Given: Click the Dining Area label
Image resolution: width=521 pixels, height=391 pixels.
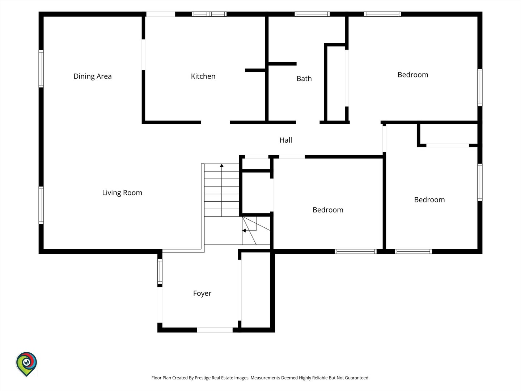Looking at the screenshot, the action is point(93,76).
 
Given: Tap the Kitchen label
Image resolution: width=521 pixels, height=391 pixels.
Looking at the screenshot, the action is point(203,76).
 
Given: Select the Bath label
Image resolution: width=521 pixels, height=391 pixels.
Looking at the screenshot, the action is point(304,79).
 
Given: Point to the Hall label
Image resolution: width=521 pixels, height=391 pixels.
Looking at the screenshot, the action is point(285,140).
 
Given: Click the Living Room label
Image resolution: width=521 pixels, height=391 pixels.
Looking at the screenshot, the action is point(122,193).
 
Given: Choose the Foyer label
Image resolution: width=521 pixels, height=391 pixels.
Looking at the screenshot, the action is point(202,293).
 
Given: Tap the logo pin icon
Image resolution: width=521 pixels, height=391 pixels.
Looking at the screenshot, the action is point(26,364).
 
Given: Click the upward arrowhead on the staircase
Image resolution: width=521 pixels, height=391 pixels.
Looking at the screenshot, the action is point(222,165).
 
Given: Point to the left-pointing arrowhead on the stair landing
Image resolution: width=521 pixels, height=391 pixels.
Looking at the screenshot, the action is point(244,231).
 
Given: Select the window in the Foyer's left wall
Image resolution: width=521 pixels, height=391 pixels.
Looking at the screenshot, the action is point(160,272).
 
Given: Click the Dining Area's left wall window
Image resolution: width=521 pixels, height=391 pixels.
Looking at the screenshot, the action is point(41,69).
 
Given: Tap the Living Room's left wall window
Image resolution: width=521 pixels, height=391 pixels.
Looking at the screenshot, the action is point(41,205).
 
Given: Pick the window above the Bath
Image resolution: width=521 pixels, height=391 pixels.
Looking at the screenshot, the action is point(312,14).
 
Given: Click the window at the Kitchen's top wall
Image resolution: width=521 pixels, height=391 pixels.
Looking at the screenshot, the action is point(209,14).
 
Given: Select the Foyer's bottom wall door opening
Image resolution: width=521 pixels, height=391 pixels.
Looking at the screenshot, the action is point(215,330).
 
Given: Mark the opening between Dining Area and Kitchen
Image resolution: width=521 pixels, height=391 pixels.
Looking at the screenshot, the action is point(143,55).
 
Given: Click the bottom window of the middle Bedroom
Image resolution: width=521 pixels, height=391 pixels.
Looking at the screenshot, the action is point(356,251).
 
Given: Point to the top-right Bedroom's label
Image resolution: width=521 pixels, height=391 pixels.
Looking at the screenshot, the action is point(413,75).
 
